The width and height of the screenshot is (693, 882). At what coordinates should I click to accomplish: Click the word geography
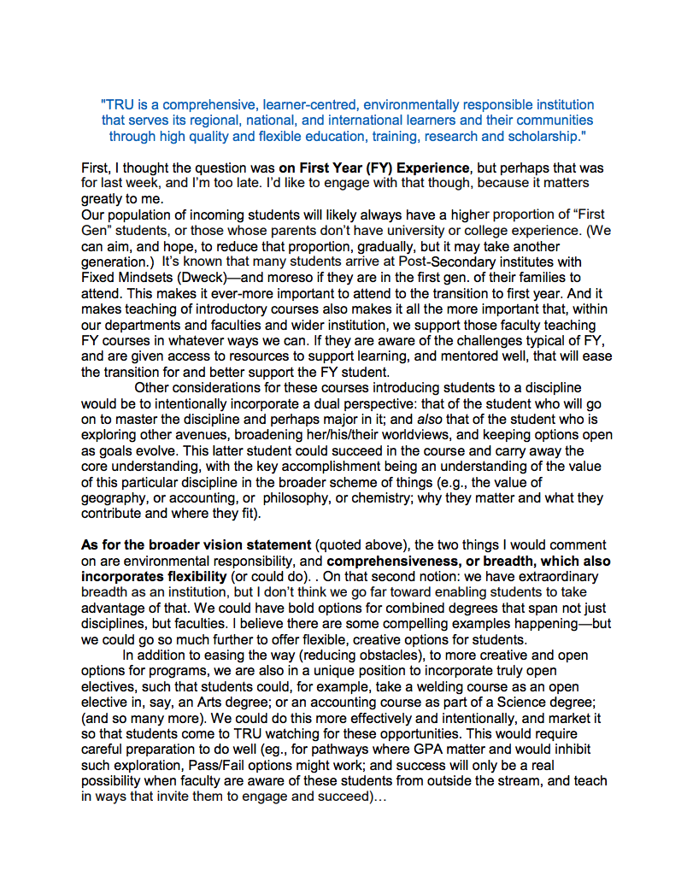click(115, 497)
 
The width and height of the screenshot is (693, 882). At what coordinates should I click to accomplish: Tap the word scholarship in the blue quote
click(537, 136)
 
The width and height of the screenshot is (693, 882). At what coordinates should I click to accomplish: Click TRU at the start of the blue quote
click(119, 105)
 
